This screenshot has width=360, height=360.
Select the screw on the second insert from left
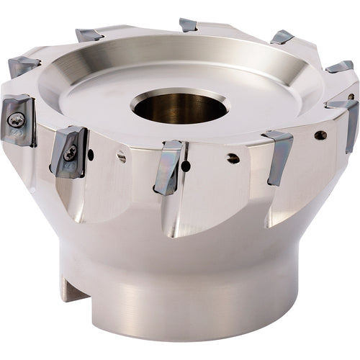pos(71,151)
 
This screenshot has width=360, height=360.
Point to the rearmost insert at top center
pos(188,25)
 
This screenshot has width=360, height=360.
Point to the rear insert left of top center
pos(90,34)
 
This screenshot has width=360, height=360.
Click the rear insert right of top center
pos(282,37)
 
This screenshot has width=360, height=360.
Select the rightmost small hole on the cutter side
pos(320,135)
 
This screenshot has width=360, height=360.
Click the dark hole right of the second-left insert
pos(90,154)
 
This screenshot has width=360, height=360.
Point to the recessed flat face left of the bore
pos(86,94)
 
